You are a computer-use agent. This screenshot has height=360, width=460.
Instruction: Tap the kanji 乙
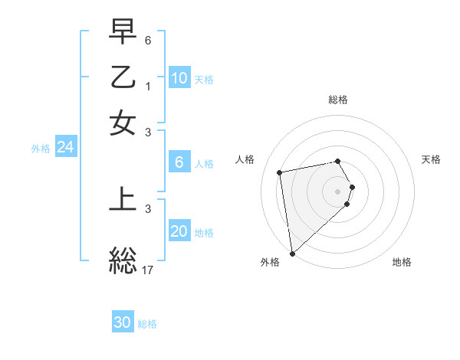123,77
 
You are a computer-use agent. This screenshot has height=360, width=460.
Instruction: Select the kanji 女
123,123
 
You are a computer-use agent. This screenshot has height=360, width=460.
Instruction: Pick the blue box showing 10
179,78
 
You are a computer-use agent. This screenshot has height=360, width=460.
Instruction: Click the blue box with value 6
179,162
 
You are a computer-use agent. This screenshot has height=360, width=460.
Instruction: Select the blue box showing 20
179,231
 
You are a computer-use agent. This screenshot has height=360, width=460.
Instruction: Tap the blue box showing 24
65,148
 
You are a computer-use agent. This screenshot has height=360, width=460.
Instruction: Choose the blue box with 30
123,322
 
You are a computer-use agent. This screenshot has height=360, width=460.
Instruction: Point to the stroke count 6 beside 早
148,39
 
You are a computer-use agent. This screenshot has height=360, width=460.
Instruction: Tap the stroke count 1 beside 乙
148,86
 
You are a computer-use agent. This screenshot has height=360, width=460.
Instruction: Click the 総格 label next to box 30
147,324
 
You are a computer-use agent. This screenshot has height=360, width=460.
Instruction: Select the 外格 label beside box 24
41,149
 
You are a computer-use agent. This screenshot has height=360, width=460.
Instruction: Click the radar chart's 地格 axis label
402,262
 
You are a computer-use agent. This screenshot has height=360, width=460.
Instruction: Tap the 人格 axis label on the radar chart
245,159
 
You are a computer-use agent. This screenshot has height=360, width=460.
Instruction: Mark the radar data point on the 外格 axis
292,253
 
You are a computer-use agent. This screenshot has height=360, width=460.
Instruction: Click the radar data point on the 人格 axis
280,172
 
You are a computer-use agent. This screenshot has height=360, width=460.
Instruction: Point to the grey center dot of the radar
338,191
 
